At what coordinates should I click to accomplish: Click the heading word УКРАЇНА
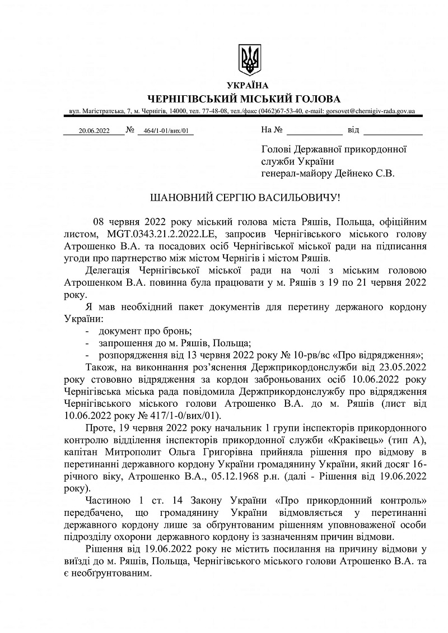(x=248, y=86)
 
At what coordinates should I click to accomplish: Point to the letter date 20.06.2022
(x=94, y=131)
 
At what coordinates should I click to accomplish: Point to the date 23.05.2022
(x=402, y=367)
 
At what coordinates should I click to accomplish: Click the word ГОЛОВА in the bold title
(x=314, y=99)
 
